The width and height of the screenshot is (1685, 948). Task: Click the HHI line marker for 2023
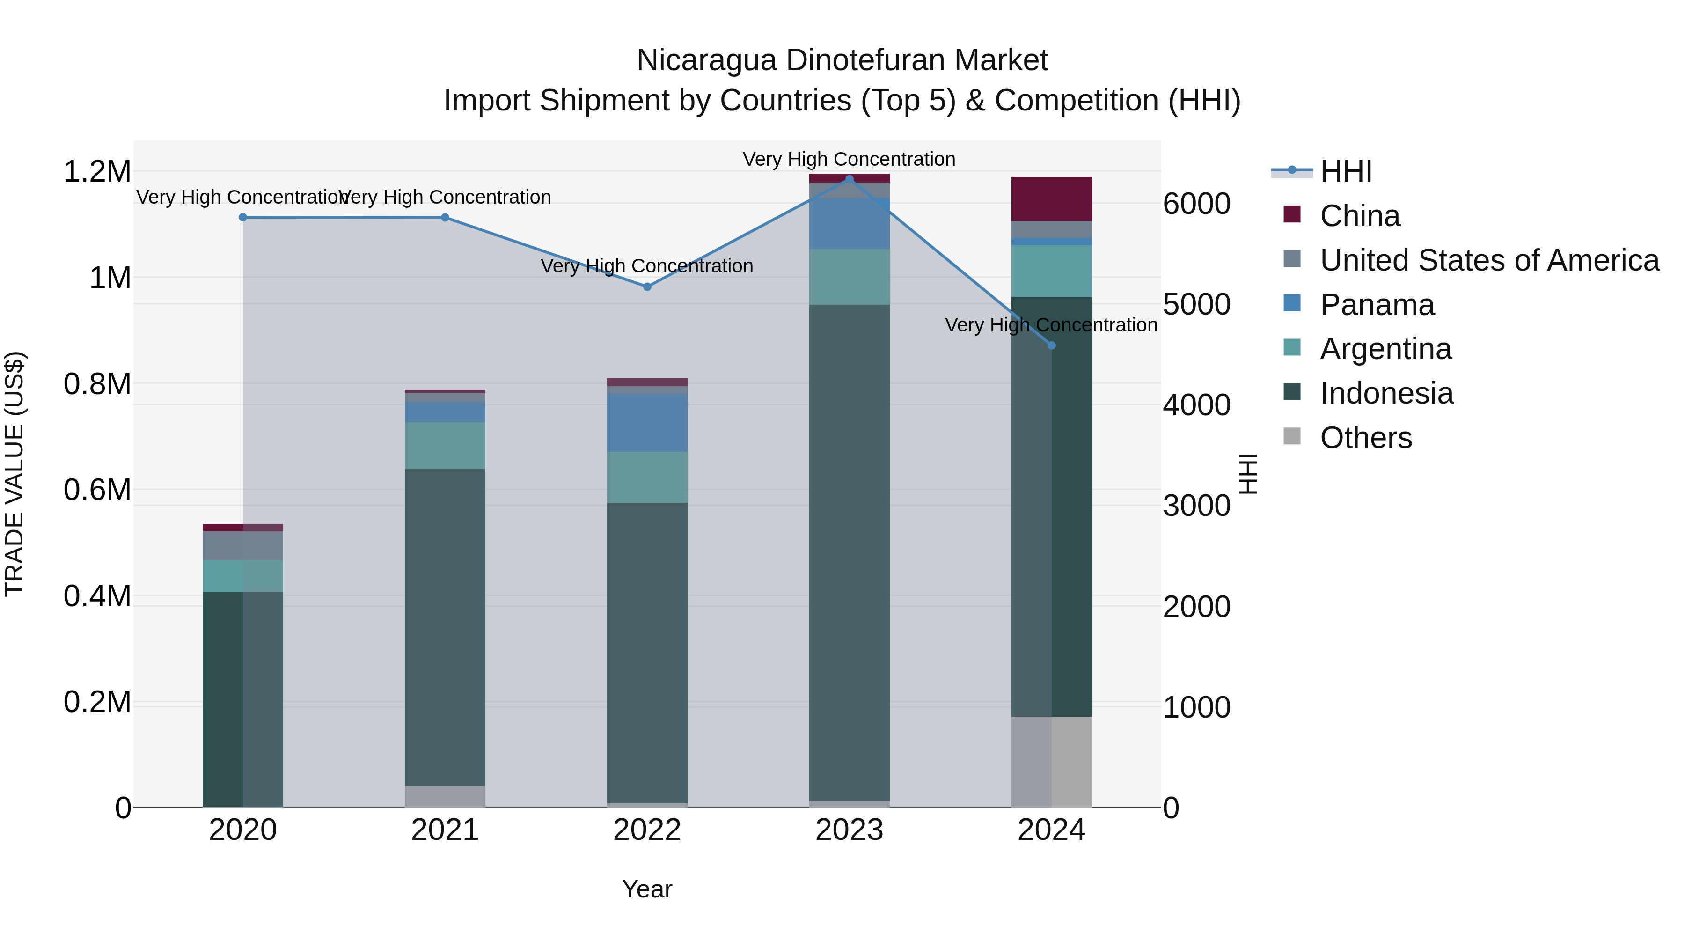point(849,179)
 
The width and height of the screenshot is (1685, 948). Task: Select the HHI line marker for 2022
point(647,287)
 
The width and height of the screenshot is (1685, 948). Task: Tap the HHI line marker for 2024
point(1051,345)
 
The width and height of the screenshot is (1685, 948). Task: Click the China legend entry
point(1359,216)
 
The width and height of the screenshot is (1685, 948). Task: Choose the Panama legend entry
point(1376,305)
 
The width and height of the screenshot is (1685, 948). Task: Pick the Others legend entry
point(1365,438)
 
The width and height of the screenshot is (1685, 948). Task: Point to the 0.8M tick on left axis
point(97,384)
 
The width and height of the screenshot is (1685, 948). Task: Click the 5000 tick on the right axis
point(1196,304)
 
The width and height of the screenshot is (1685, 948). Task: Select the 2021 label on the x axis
point(445,830)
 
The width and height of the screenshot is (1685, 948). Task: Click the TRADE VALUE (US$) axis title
point(15,474)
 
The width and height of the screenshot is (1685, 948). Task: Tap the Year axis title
point(647,889)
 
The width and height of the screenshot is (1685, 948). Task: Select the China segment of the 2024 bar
point(1051,199)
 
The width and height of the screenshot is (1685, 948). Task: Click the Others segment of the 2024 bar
point(1051,762)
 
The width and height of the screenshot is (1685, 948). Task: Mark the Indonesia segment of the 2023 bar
point(849,553)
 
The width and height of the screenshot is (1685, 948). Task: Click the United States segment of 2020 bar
point(242,546)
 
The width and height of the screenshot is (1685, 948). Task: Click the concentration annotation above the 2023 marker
point(849,159)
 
